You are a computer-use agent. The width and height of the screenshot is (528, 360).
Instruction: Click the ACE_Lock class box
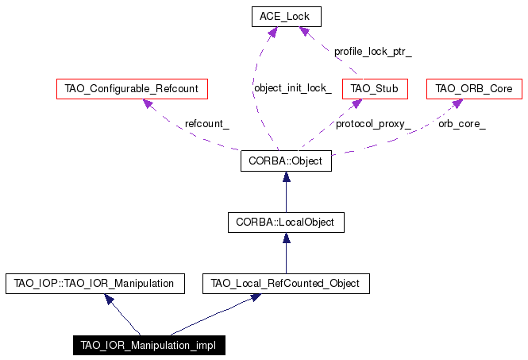[x=286, y=17]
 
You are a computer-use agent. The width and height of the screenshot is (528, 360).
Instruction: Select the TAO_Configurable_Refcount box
[x=132, y=89]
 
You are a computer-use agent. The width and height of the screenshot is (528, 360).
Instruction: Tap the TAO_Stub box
[x=375, y=89]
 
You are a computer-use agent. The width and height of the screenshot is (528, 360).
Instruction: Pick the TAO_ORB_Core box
[x=474, y=89]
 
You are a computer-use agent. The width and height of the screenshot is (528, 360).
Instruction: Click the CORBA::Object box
[x=286, y=161]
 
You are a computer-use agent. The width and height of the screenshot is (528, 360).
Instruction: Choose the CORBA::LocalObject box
[x=286, y=223]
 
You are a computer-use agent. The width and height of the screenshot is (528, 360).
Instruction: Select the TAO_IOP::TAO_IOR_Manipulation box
[x=95, y=284]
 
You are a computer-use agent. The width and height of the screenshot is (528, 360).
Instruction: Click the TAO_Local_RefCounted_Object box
[x=286, y=284]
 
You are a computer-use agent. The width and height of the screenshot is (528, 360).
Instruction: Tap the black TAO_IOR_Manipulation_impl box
[x=149, y=345]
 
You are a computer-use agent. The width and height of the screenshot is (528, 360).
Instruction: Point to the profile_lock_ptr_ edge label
[x=372, y=52]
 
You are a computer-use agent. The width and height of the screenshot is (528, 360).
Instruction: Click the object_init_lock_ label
[x=293, y=88]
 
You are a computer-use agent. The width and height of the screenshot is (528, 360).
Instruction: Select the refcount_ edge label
[x=206, y=124]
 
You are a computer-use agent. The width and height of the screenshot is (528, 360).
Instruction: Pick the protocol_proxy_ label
[x=373, y=125]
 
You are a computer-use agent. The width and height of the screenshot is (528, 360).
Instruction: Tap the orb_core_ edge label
[x=461, y=125]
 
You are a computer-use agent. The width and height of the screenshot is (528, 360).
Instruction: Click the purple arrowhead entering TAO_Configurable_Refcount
[x=148, y=103]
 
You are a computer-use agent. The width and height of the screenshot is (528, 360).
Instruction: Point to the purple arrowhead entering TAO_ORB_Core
[x=457, y=103]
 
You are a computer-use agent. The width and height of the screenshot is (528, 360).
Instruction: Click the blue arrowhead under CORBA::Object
[x=286, y=176]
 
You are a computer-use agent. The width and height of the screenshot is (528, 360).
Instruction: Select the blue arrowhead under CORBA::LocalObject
[x=286, y=238]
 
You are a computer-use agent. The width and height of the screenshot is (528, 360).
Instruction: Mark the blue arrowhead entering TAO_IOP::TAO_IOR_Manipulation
[x=109, y=299]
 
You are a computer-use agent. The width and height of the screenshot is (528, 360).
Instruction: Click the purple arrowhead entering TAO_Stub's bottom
[x=357, y=104]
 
